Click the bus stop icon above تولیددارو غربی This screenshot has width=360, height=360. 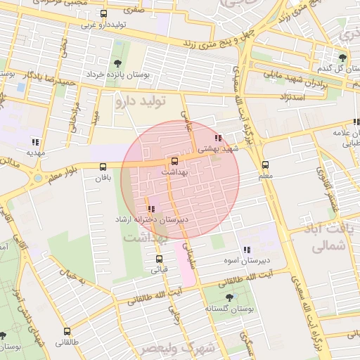(104, 14)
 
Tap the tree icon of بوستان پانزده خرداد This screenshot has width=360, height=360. (117, 64)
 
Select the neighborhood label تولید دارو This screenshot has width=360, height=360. (140, 101)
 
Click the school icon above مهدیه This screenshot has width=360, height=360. (36, 141)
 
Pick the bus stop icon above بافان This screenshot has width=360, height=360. (103, 167)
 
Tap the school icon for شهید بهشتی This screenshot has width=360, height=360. (219, 139)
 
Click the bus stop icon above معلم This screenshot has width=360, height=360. (265, 164)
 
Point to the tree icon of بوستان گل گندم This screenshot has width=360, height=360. (342, 58)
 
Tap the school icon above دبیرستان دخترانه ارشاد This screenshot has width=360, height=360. (151, 209)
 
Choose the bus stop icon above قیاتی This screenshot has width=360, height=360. (157, 257)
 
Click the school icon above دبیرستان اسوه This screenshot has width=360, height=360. (246, 250)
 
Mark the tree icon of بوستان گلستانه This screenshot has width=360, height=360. (228, 298)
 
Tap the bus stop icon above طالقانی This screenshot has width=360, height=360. (67, 331)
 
